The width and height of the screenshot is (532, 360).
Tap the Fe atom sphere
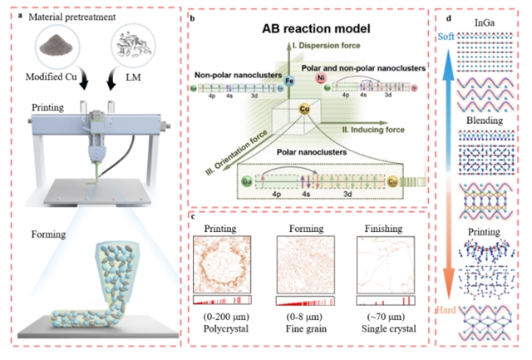tap(289, 81)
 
